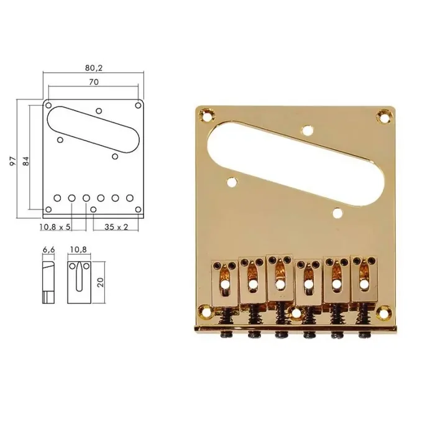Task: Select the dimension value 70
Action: coord(93,81)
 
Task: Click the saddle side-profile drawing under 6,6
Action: coord(48,281)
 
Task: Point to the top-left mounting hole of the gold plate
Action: coord(206,114)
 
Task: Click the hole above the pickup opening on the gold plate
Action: coord(306,130)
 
